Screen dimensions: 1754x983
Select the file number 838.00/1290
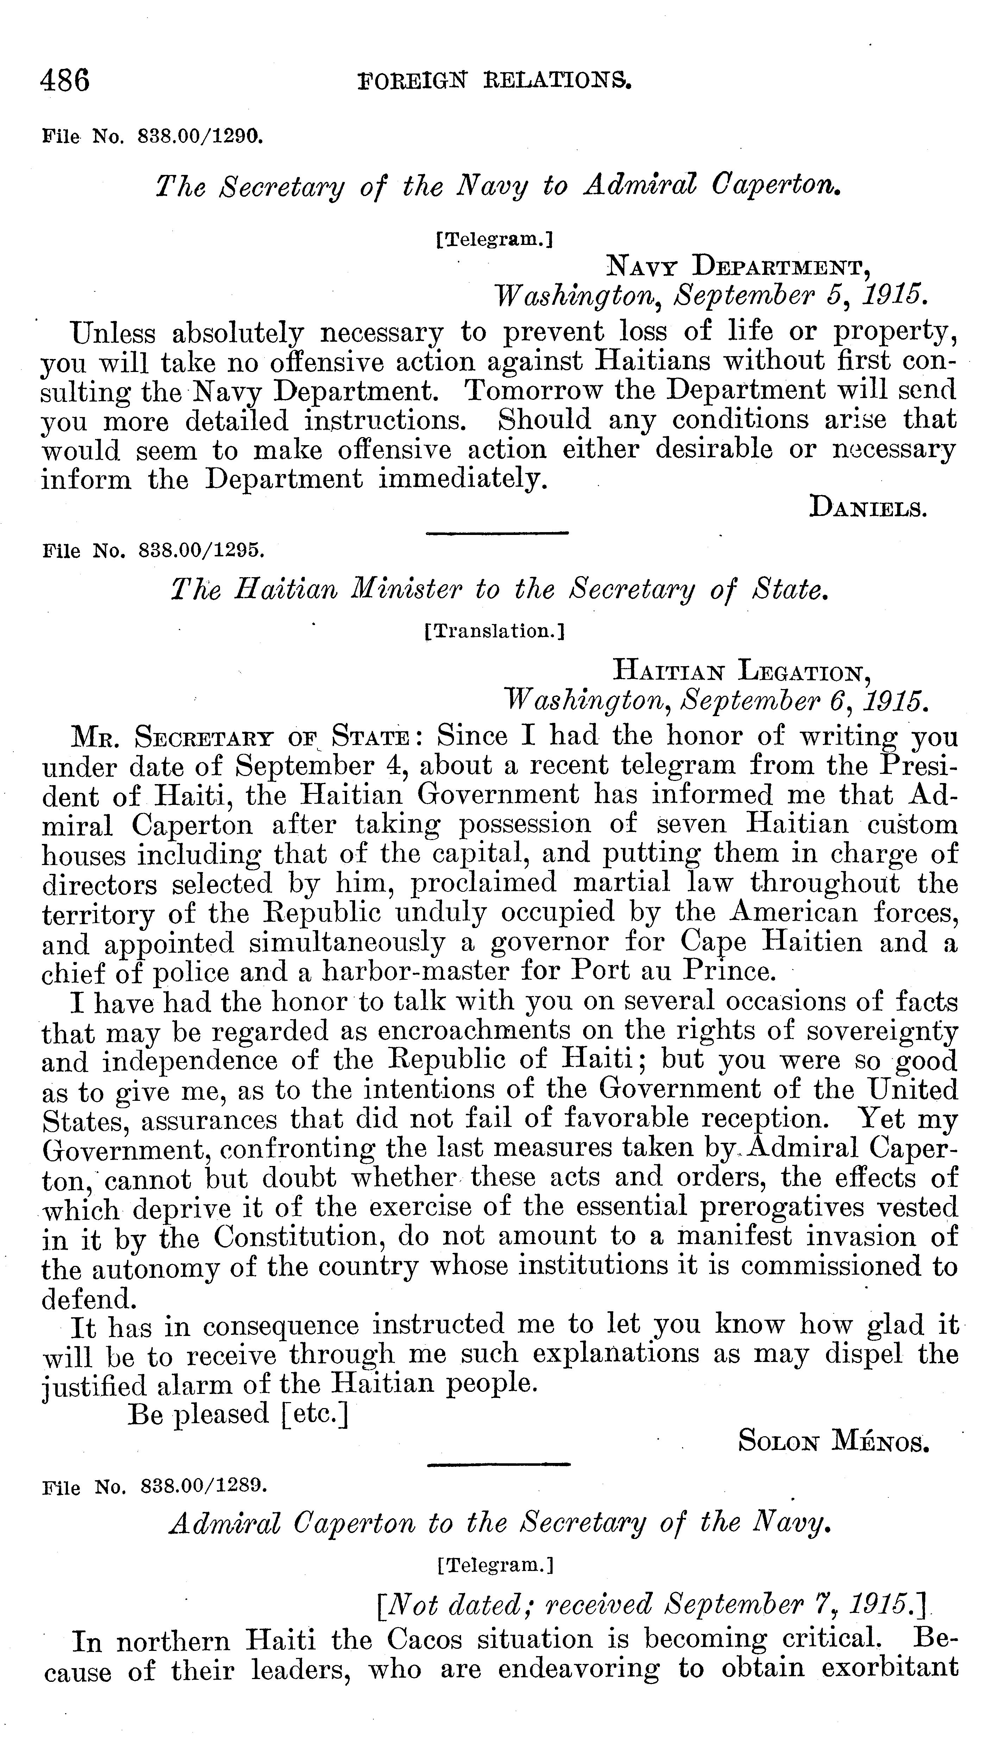(200, 135)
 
